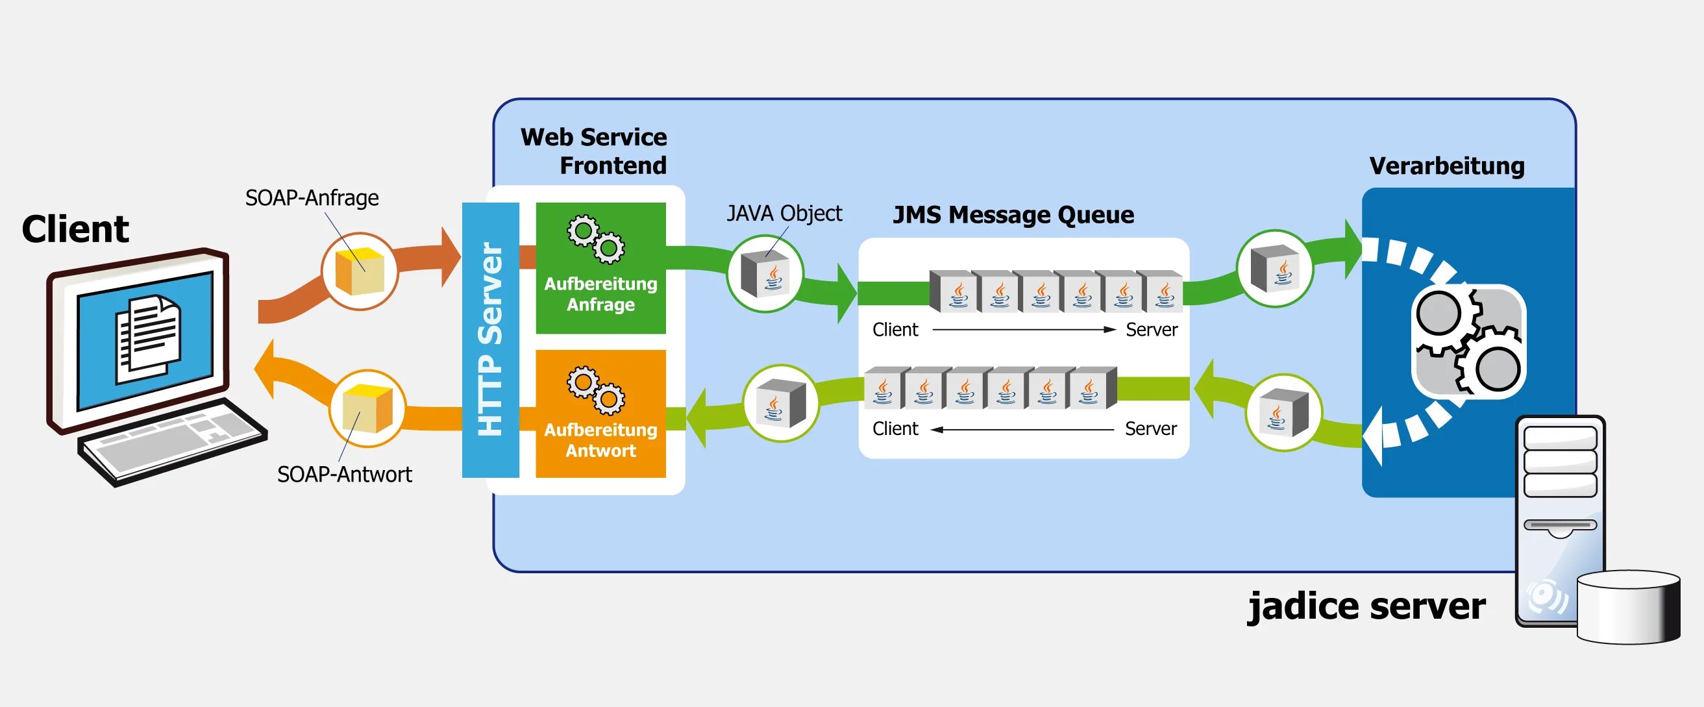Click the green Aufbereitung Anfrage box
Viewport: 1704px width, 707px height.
(x=600, y=268)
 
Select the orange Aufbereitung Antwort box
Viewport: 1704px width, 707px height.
(x=600, y=414)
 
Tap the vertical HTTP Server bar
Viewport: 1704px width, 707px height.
(x=490, y=340)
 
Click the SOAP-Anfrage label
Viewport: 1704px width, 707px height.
(x=312, y=198)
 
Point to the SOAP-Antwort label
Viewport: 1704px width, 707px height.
(x=344, y=474)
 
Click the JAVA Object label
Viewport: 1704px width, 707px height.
(x=784, y=214)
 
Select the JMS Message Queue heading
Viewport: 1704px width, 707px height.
(x=1013, y=215)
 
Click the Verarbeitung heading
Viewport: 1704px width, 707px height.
(x=1447, y=166)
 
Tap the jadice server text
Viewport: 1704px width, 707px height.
(x=1366, y=606)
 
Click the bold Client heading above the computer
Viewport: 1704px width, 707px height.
(x=75, y=229)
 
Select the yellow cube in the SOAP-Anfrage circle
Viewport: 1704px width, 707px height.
(x=360, y=271)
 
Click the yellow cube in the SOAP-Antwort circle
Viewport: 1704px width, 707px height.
(x=368, y=409)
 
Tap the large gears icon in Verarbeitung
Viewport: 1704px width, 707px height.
(x=1468, y=341)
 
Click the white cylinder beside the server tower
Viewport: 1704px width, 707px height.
(x=1629, y=607)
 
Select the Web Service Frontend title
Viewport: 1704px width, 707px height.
(x=593, y=151)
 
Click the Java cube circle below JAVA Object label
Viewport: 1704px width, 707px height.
(x=765, y=274)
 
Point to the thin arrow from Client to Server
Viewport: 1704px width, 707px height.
(x=1023, y=329)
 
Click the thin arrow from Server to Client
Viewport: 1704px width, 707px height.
(x=1022, y=429)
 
